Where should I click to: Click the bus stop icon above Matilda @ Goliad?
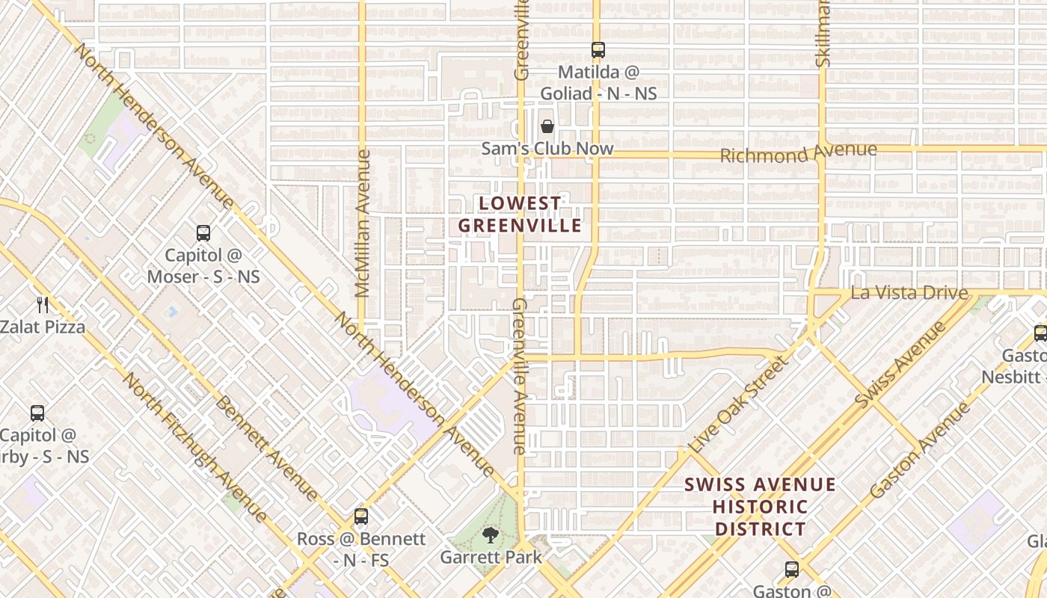coord(598,50)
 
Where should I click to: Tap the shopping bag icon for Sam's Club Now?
coord(547,126)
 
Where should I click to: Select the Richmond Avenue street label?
coord(798,153)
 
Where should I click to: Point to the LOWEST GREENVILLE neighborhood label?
coord(520,215)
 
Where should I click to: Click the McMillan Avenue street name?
coord(363,224)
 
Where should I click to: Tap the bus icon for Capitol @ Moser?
coord(203,232)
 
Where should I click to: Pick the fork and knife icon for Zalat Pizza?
coord(43,304)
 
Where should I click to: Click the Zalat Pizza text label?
coord(43,327)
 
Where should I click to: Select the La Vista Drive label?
coord(909,292)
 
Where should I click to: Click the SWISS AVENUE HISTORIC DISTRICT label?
coord(760,507)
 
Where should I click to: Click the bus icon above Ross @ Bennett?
coord(361,517)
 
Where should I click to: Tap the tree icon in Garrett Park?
coord(491,534)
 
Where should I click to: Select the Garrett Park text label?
coord(491,557)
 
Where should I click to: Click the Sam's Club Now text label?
coord(547,149)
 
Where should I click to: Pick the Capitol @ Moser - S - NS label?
coord(203,265)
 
